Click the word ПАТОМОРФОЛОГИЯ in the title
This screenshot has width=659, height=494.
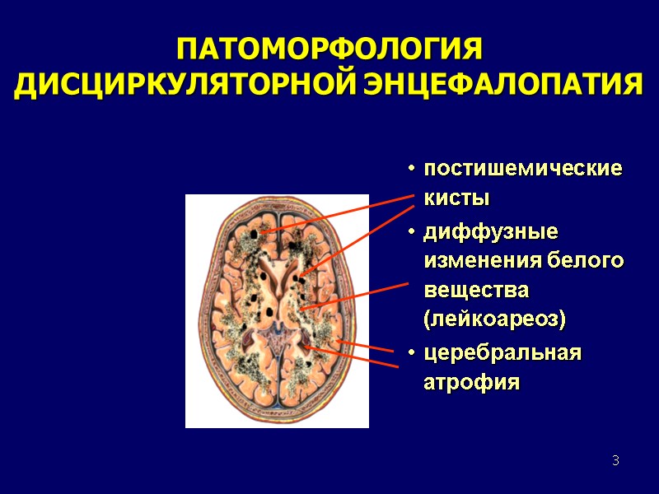coord(329,49)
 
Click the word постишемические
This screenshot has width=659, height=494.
coord(523,169)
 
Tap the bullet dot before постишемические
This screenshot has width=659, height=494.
coord(409,170)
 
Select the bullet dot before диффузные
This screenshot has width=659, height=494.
coord(409,231)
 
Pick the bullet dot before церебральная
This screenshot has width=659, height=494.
coord(409,353)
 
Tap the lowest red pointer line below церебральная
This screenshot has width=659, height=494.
coord(354,360)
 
